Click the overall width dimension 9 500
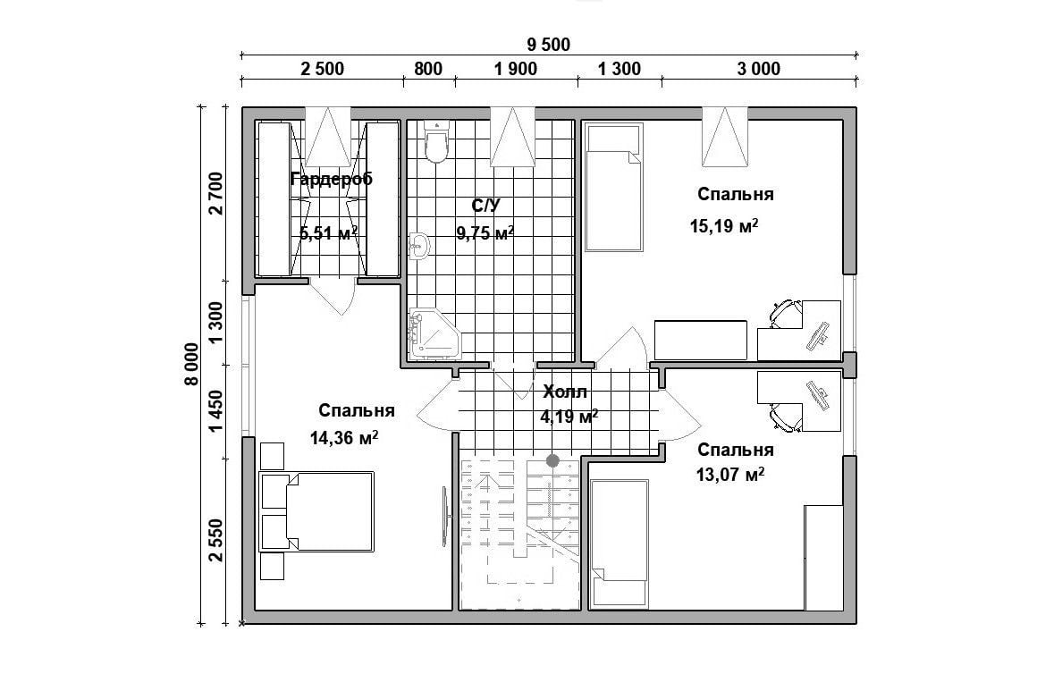point(548,45)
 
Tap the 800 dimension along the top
point(428,69)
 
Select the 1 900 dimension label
point(516,69)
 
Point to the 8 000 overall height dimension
point(191,364)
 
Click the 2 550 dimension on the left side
point(215,540)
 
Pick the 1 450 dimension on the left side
point(215,411)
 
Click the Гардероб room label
point(332,179)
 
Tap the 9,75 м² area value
point(485,232)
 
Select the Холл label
point(565,392)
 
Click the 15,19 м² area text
point(723,226)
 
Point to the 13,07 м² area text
point(730,474)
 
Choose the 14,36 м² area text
point(344,437)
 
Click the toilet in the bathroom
point(436,142)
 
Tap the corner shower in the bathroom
point(434,334)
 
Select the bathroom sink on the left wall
point(418,247)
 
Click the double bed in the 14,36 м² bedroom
point(316,511)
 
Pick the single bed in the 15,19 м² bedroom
point(614,188)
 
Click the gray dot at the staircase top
point(552,460)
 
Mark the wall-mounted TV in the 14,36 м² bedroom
point(446,517)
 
